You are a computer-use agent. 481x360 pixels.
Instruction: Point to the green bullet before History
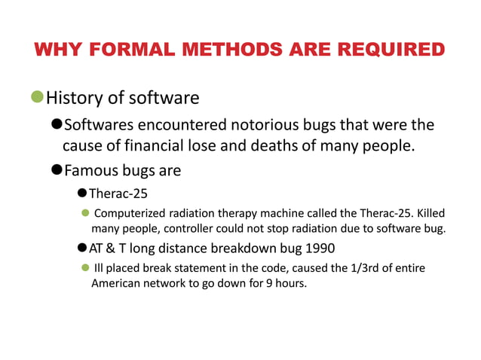coord(38,98)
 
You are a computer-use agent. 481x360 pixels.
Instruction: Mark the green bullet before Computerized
coord(85,213)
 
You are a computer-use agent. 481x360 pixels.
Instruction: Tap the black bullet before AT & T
coord(82,249)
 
